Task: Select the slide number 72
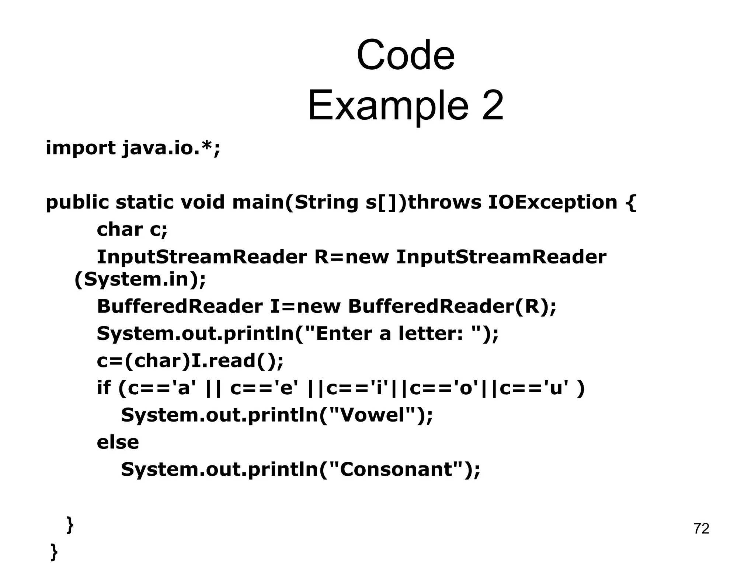(x=701, y=528)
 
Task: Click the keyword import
(x=80, y=148)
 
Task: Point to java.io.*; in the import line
(x=171, y=148)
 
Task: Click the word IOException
(x=553, y=202)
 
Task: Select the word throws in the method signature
(x=445, y=202)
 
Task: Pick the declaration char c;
(x=132, y=230)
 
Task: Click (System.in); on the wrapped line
(x=140, y=279)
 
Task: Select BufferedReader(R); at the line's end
(x=452, y=306)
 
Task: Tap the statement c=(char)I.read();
(x=190, y=361)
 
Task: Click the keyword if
(x=104, y=388)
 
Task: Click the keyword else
(x=118, y=442)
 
